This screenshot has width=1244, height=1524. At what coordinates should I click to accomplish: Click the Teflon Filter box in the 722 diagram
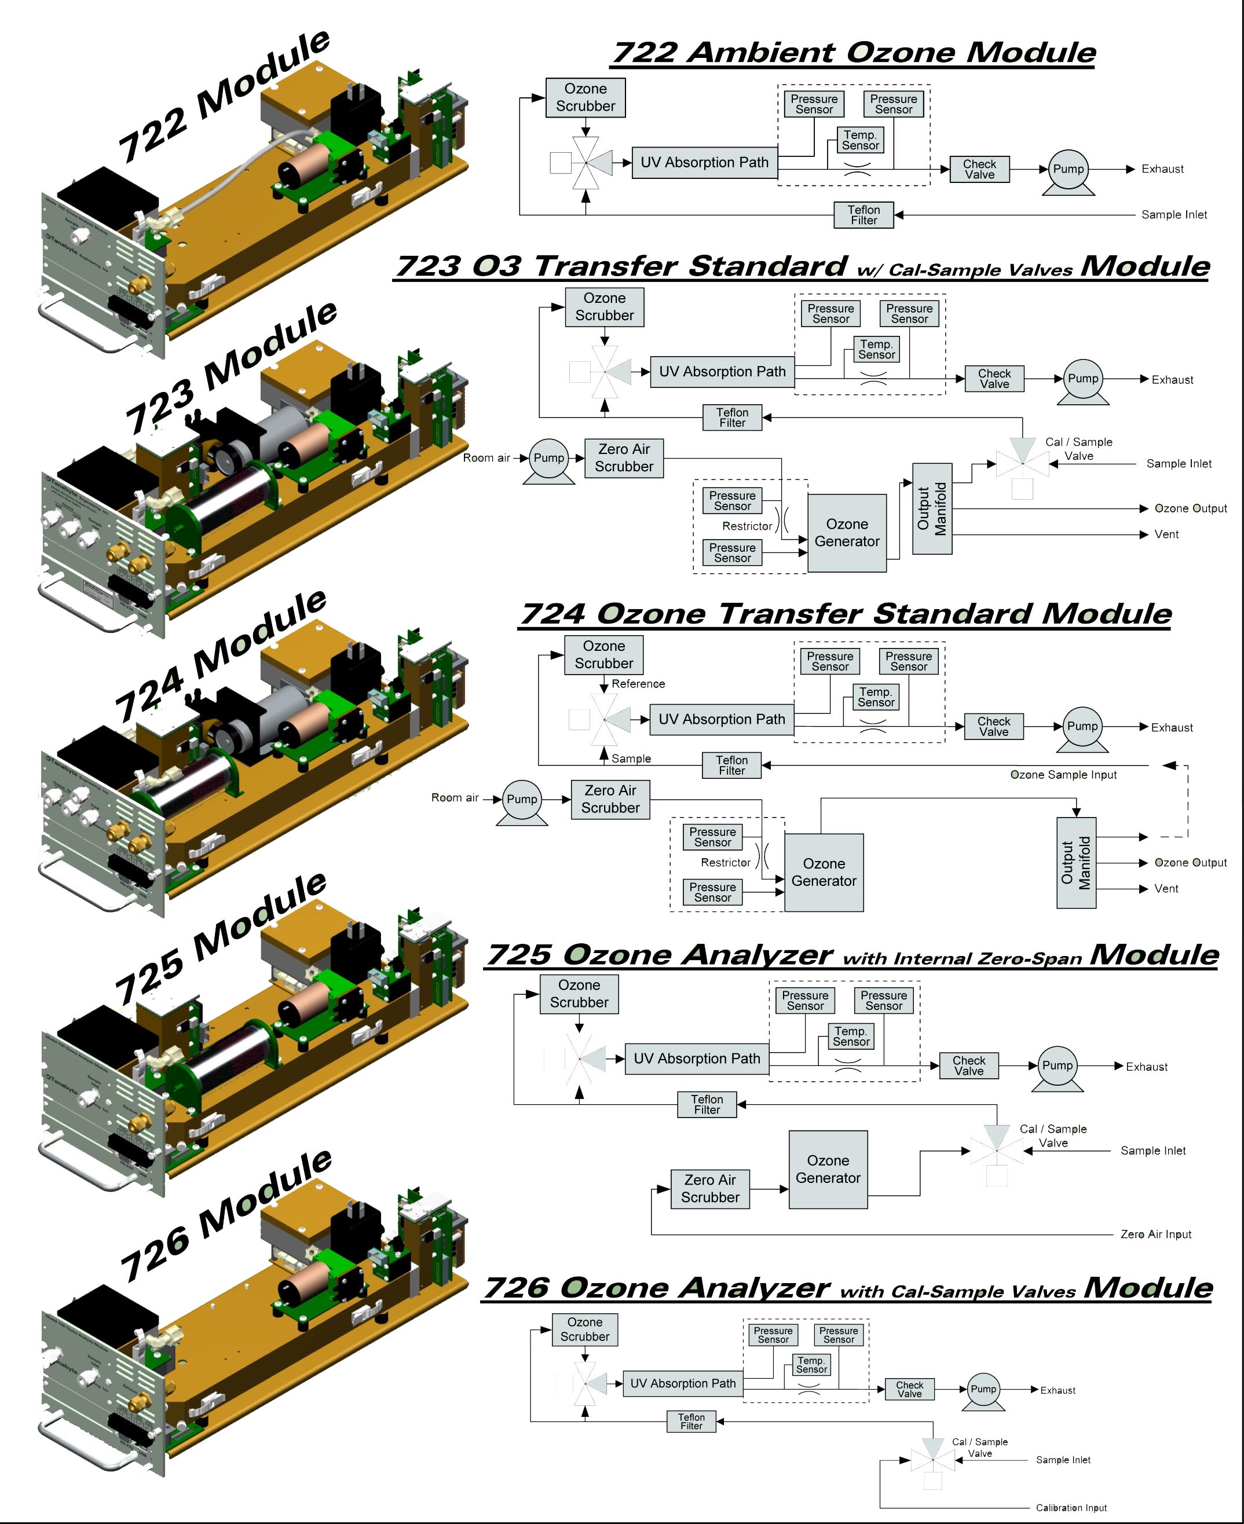click(x=864, y=215)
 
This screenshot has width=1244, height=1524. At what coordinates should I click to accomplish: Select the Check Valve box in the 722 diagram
click(x=979, y=169)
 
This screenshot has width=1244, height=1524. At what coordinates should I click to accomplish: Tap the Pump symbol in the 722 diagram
click(x=1068, y=170)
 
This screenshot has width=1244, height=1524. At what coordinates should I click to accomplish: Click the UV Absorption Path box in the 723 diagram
click(x=722, y=372)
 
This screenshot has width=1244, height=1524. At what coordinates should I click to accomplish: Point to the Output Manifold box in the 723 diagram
click(x=932, y=509)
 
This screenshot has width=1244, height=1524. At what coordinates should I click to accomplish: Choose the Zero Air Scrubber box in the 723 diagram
click(x=624, y=458)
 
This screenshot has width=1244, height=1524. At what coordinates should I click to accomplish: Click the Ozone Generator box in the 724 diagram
click(x=824, y=872)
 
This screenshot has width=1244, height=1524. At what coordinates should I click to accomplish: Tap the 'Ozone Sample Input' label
click(x=1063, y=775)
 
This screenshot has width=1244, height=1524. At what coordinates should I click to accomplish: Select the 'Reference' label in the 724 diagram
click(x=638, y=684)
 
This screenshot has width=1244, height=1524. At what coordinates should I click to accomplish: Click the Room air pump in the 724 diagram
click(x=522, y=800)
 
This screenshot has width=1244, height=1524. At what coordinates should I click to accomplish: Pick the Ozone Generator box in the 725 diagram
click(x=828, y=1169)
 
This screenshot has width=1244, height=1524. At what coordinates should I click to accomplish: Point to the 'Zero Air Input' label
click(x=1156, y=1234)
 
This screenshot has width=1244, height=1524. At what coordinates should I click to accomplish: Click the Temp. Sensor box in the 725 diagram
click(x=851, y=1036)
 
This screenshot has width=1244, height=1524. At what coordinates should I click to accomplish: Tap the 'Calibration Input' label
click(x=1071, y=1508)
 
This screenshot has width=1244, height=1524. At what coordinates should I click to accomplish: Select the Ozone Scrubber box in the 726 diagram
click(x=585, y=1329)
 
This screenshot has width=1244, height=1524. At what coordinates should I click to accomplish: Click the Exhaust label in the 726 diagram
click(x=1058, y=1390)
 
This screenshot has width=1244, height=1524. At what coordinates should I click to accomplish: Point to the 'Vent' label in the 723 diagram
click(x=1166, y=534)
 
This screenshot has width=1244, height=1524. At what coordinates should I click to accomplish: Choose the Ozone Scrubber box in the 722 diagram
click(x=586, y=97)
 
